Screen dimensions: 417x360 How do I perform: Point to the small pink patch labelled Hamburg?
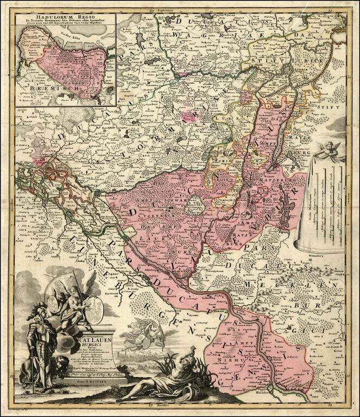tap(39, 159)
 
